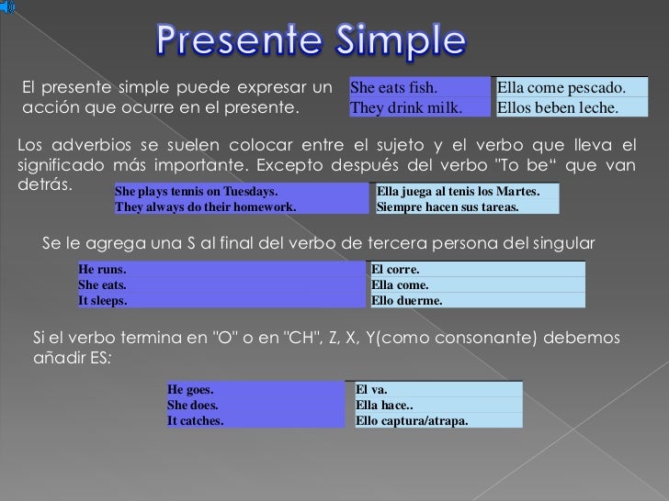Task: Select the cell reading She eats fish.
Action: (x=418, y=89)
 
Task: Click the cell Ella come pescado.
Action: (x=570, y=89)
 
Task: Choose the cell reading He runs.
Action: (x=221, y=270)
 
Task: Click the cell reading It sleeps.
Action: (x=221, y=300)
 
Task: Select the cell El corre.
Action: (x=476, y=270)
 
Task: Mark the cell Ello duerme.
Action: (x=476, y=300)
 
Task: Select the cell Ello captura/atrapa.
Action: (x=437, y=420)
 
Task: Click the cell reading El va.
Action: (x=437, y=389)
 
